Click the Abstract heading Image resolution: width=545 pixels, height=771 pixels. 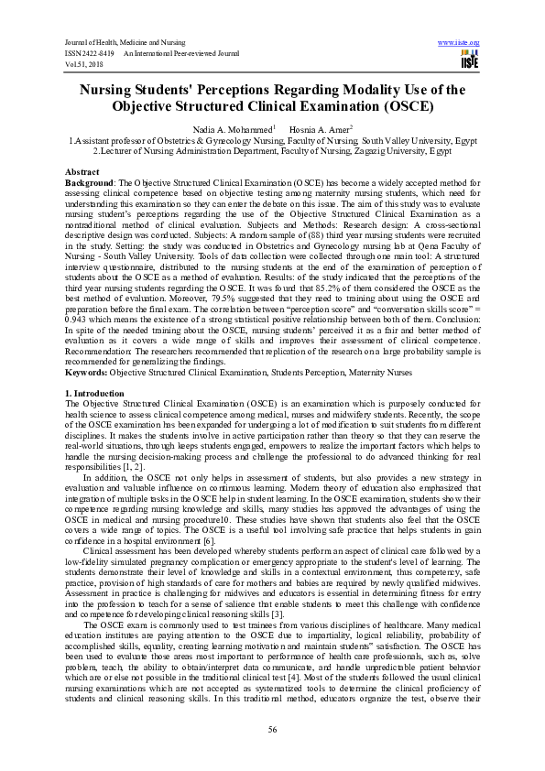pos(82,171)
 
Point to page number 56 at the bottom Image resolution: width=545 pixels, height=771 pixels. pos(272,729)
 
